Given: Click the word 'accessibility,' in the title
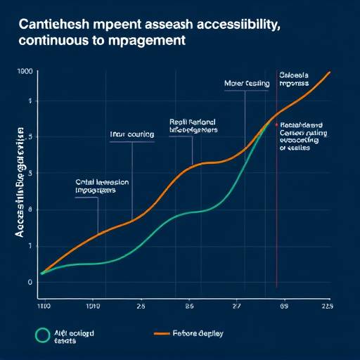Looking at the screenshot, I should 243,25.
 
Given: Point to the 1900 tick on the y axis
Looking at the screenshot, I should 26,72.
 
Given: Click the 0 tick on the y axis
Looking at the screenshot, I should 30,282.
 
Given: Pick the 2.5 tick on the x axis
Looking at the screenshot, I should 141,307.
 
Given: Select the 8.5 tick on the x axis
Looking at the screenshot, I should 189,307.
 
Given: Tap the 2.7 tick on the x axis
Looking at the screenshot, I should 236,307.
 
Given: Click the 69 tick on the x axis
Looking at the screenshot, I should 285,307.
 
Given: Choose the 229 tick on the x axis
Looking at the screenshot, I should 326,307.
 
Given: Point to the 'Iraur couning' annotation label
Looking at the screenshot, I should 132,134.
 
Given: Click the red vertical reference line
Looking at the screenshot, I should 276,211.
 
